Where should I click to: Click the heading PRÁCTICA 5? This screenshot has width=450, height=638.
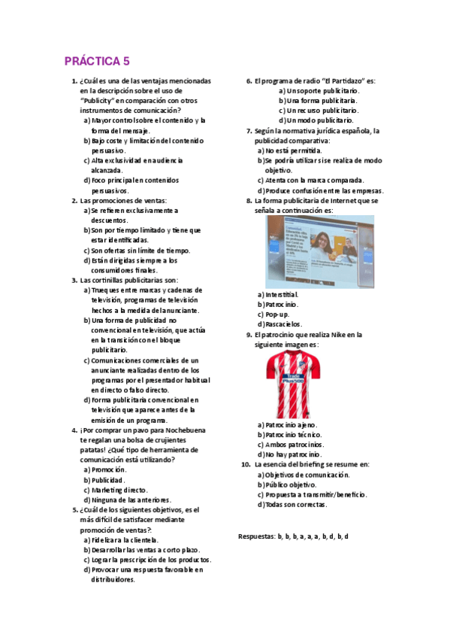pos(97,60)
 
